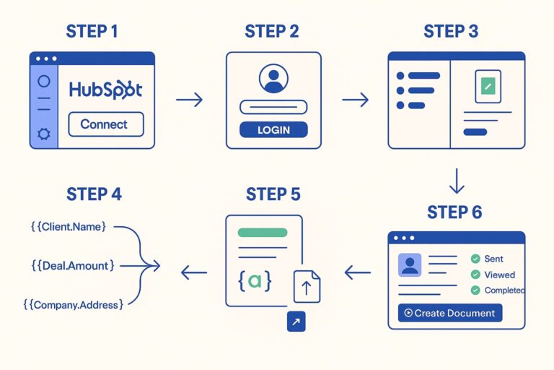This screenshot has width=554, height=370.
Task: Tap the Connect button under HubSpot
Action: [105, 124]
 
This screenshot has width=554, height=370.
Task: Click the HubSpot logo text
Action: [106, 90]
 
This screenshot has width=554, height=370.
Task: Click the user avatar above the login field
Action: [273, 79]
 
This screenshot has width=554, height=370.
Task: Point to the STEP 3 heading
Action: [451, 32]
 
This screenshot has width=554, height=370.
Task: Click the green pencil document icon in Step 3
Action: [488, 87]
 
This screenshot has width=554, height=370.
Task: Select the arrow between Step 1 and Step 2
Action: [189, 100]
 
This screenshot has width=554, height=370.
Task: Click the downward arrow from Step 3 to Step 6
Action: [456, 180]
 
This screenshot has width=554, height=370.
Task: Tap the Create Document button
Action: [449, 313]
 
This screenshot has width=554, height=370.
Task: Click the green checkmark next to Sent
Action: [475, 259]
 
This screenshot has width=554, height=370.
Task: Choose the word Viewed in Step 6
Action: [499, 275]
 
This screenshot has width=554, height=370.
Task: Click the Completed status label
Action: [504, 291]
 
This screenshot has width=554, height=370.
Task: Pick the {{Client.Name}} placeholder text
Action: [69, 226]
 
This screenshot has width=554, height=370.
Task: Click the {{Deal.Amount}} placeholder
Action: [72, 266]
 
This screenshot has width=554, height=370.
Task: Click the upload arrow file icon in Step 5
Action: [307, 288]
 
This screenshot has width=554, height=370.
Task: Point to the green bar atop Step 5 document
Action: [263, 233]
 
